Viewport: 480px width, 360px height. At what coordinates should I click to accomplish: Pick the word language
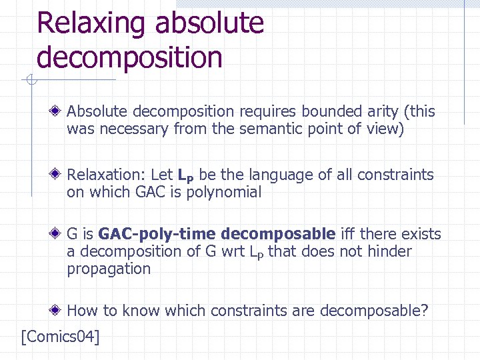[x=280, y=175]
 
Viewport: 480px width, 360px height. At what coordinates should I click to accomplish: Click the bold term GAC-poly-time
[x=157, y=234]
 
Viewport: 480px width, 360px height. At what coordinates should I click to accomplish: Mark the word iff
[x=349, y=234]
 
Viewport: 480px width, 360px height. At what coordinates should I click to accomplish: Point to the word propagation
[x=109, y=269]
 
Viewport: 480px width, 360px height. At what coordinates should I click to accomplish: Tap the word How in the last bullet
[x=81, y=310]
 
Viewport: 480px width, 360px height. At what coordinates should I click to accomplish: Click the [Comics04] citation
[x=61, y=337]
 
